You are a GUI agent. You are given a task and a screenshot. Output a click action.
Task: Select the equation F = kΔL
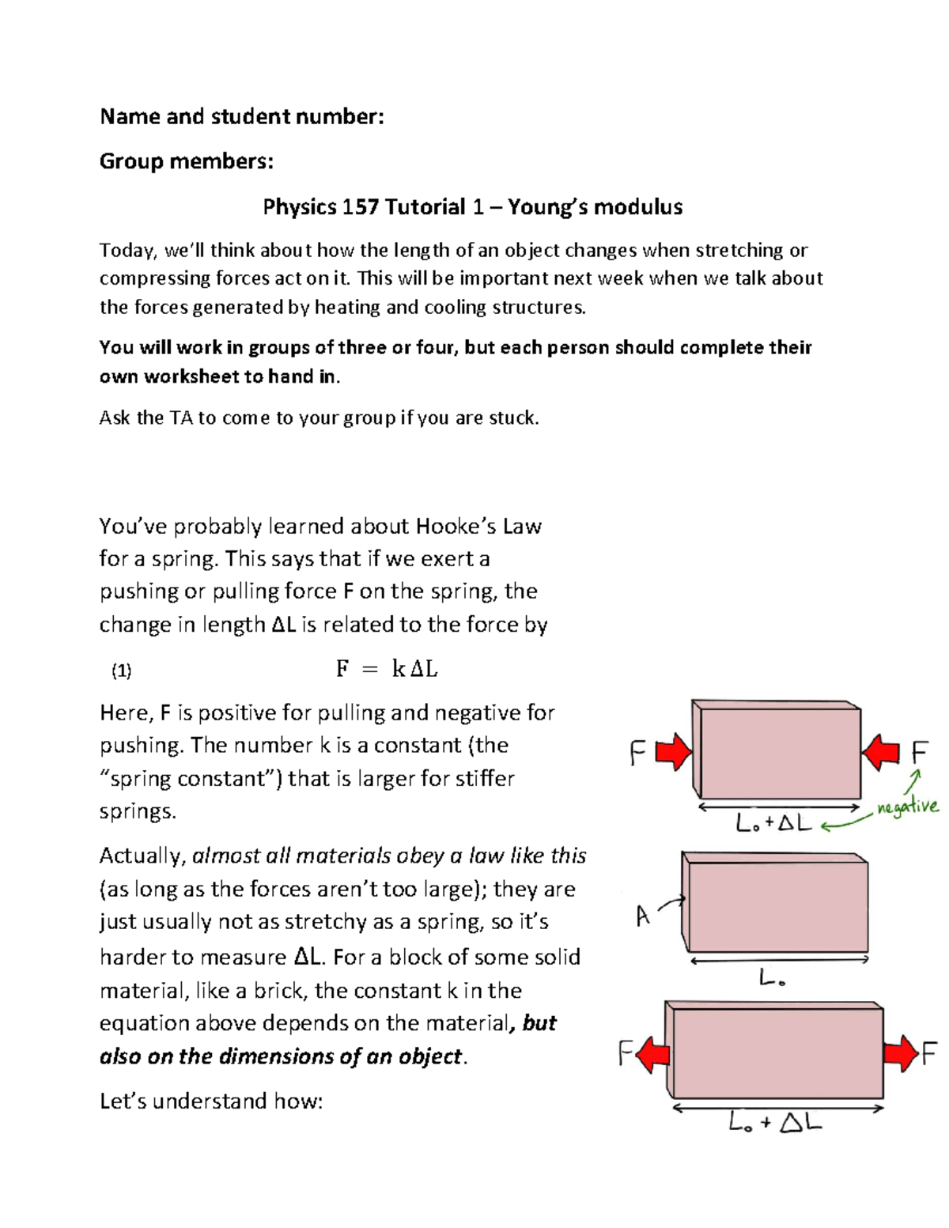pyautogui.click(x=387, y=670)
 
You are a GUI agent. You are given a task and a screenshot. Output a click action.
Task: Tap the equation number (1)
pyautogui.click(x=121, y=671)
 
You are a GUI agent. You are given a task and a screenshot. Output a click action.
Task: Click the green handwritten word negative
pyautogui.click(x=908, y=807)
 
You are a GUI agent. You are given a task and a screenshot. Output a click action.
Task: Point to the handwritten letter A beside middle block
pyautogui.click(x=643, y=916)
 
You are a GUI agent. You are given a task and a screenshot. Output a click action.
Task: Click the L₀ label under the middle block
pyautogui.click(x=772, y=979)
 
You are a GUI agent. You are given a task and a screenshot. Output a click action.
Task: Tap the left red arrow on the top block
pyautogui.click(x=674, y=751)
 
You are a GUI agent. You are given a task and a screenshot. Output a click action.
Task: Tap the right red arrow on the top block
pyautogui.click(x=880, y=751)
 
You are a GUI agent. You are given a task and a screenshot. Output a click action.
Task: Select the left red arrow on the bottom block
pyautogui.click(x=653, y=1054)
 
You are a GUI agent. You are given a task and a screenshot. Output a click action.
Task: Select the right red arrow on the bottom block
pyautogui.click(x=901, y=1054)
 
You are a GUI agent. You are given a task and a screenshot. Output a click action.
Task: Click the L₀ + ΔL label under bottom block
pyautogui.click(x=775, y=1122)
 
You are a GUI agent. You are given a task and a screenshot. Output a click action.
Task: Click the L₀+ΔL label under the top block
pyautogui.click(x=773, y=823)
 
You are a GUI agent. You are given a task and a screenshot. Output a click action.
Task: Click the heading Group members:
pyautogui.click(x=187, y=161)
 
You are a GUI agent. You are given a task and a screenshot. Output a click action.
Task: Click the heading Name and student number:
pyautogui.click(x=242, y=117)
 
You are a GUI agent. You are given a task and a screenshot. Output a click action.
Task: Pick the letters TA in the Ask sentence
pyautogui.click(x=181, y=418)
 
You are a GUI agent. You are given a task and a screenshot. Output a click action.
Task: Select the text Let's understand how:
pyautogui.click(x=211, y=1101)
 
